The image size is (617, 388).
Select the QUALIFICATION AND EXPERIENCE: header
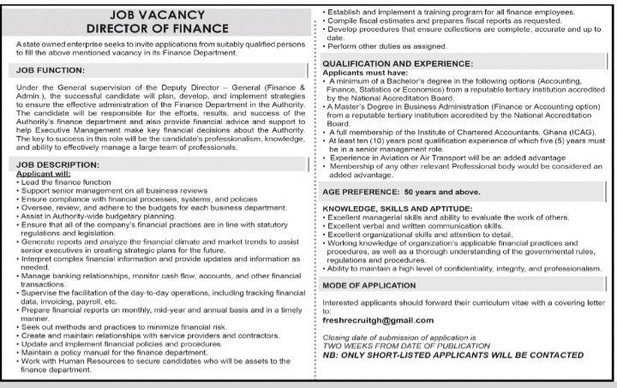coord(397,64)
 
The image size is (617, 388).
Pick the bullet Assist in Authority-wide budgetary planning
coord(101,218)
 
